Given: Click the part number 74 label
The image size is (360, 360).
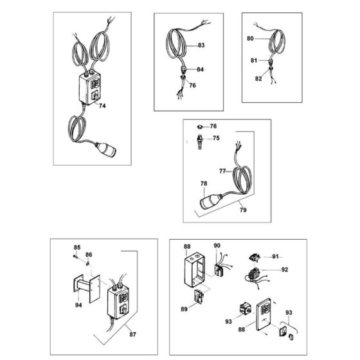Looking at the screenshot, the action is tap(102, 106).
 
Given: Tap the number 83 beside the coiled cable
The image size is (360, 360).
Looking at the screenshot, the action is tap(201, 45).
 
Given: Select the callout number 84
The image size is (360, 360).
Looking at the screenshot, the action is tap(200, 69).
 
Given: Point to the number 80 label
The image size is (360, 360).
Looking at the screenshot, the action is tap(250, 39).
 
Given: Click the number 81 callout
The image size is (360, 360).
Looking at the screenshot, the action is tap(254, 60).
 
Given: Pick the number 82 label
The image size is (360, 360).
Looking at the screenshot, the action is tap(258, 78).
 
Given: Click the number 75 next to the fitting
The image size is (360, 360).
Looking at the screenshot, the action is tap(216, 138).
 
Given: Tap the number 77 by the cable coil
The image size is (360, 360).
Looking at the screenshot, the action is tap(222, 171).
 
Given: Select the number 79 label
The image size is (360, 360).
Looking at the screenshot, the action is tap(243, 210).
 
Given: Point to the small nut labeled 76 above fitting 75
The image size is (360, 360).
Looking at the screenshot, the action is tap(200, 127).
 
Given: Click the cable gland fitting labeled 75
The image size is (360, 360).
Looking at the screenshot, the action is tap(200, 142).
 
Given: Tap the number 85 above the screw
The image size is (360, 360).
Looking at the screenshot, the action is tap(77, 248).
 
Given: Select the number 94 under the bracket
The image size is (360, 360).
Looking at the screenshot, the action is tap(78, 305).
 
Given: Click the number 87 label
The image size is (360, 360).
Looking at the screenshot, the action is tap(132, 334).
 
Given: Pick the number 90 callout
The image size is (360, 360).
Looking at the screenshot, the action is tap(217, 246).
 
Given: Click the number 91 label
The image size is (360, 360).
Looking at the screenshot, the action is tap(275, 256).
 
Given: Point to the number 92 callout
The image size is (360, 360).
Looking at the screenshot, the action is tap(284, 270).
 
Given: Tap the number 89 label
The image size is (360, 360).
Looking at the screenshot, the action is tap(184, 309).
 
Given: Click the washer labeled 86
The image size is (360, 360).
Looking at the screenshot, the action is tap(87, 264).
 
